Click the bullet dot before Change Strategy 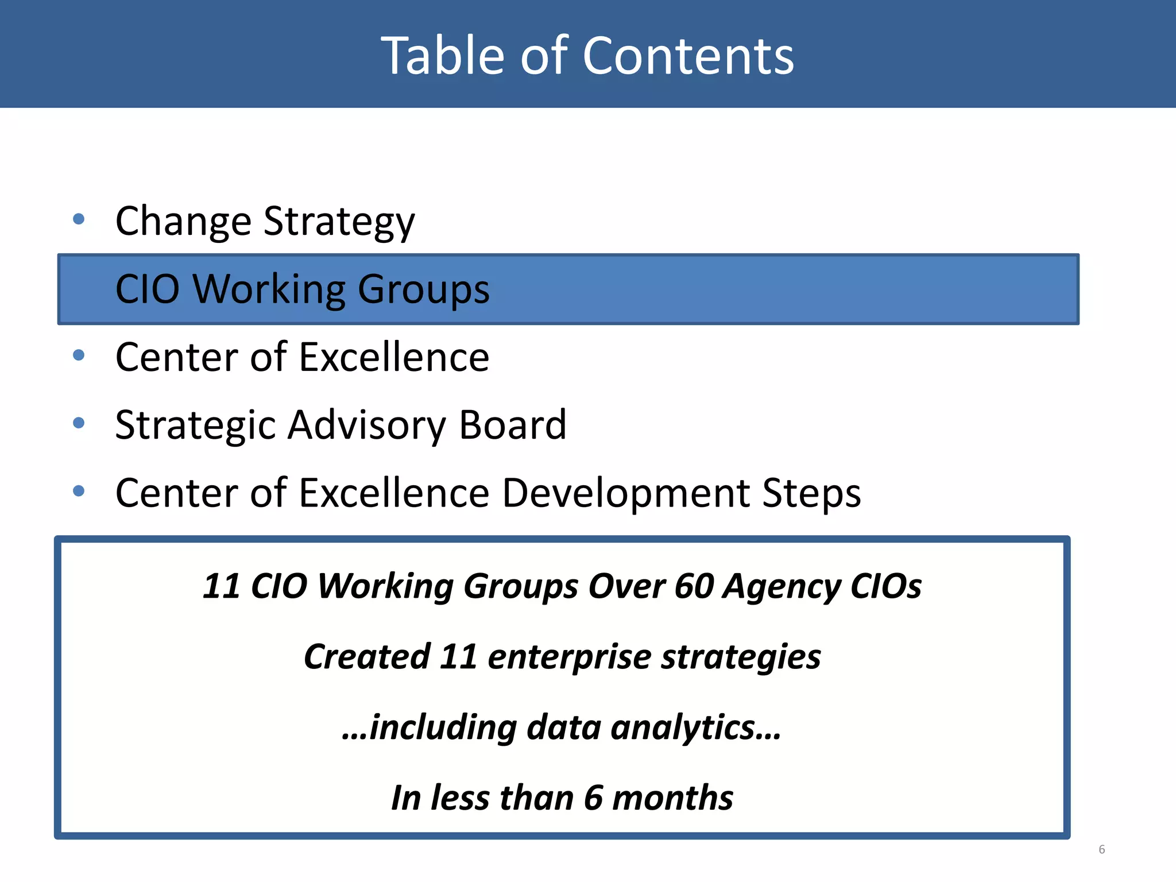pos(79,219)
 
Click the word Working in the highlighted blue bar pos(269,289)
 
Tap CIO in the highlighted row pos(148,289)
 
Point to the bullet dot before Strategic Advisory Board pos(79,423)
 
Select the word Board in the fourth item pos(512,425)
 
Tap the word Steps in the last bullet pos(811,494)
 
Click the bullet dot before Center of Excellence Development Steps pos(79,491)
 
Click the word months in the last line pos(672,798)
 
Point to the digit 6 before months pos(593,798)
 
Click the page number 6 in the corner pos(1101,849)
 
